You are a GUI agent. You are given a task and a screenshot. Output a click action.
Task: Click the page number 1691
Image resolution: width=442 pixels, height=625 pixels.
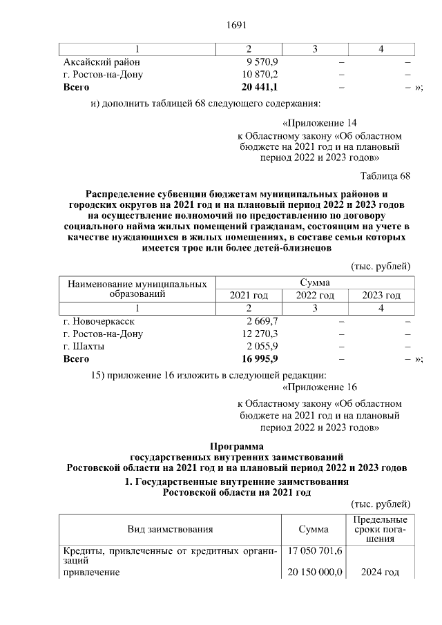[x=236, y=26]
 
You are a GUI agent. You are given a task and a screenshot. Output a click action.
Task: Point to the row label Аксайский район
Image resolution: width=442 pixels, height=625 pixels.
[x=102, y=62]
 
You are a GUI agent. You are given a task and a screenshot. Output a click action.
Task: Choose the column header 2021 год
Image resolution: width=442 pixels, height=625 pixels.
[x=249, y=296]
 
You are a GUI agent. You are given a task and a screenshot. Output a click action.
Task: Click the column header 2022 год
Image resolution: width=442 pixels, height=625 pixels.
[x=315, y=296]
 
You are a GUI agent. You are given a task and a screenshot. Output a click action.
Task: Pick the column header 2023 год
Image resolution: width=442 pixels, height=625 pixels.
[x=381, y=296]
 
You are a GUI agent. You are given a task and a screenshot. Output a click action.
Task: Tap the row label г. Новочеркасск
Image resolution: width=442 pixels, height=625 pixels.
[x=99, y=321]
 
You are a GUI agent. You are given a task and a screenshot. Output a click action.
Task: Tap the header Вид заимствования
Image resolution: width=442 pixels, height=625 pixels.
[x=169, y=529]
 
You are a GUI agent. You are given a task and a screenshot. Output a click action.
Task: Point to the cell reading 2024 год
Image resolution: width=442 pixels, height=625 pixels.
[x=380, y=573]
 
